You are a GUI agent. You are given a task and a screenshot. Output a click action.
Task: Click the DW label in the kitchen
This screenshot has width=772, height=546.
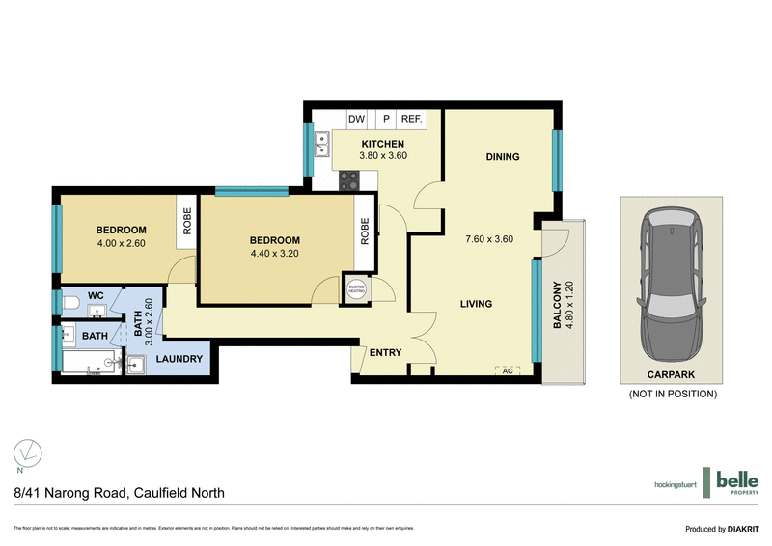pyautogui.click(x=356, y=119)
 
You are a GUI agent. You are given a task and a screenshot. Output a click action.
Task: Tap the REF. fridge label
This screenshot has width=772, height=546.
pyautogui.click(x=412, y=119)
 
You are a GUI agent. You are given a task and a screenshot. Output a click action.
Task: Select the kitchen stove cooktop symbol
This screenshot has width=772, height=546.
pyautogui.click(x=348, y=179)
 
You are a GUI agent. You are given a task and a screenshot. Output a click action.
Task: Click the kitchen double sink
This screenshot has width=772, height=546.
pyautogui.click(x=321, y=146)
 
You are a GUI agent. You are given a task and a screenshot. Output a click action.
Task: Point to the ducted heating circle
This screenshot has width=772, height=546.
pyautogui.click(x=356, y=288)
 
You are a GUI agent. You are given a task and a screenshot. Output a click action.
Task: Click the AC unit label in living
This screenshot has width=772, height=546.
pyautogui.click(x=507, y=370)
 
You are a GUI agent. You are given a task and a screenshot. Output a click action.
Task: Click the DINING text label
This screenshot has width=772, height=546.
pyautogui.click(x=503, y=157)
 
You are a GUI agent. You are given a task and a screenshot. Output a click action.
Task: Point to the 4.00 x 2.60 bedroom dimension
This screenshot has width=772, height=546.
pyautogui.click(x=121, y=245)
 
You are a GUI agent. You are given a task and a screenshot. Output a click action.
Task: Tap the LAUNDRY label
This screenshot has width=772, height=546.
pyautogui.click(x=179, y=360)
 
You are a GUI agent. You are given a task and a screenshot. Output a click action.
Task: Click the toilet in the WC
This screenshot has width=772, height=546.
pyautogui.click(x=69, y=305)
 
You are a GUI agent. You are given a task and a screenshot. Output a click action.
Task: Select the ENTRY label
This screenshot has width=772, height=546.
pyautogui.click(x=385, y=353)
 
